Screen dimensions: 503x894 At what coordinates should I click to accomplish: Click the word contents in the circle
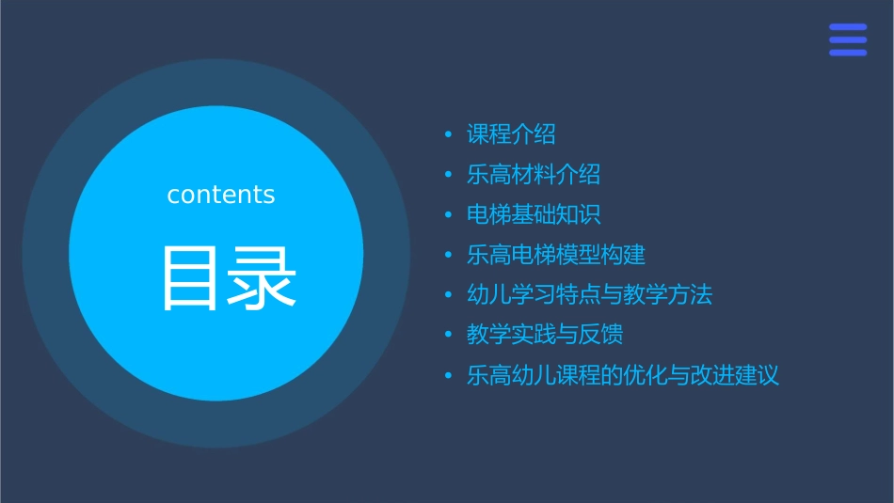221,195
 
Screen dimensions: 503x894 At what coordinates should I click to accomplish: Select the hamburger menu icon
847,40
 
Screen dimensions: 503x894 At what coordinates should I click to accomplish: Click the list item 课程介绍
511,134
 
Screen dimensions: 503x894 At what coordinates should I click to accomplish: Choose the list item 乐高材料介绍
534,175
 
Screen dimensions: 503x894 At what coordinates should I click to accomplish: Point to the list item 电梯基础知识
534,214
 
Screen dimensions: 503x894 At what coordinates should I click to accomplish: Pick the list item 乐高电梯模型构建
556,255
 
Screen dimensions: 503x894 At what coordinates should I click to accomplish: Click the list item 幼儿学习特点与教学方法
590,294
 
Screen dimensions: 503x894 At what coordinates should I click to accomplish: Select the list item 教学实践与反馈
545,335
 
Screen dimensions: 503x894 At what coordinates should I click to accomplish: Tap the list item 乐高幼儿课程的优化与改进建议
623,375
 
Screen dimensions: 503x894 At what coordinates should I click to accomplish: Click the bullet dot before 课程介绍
449,135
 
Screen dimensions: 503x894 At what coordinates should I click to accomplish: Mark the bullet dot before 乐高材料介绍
449,176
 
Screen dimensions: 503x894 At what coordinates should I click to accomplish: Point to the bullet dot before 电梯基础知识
449,215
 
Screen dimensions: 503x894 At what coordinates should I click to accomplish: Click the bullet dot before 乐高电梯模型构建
449,256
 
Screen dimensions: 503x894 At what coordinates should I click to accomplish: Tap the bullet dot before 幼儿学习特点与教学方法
449,295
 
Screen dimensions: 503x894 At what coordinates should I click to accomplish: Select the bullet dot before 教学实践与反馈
449,336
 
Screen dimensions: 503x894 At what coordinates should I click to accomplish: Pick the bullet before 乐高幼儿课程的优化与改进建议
449,376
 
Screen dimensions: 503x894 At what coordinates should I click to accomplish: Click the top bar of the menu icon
847,27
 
